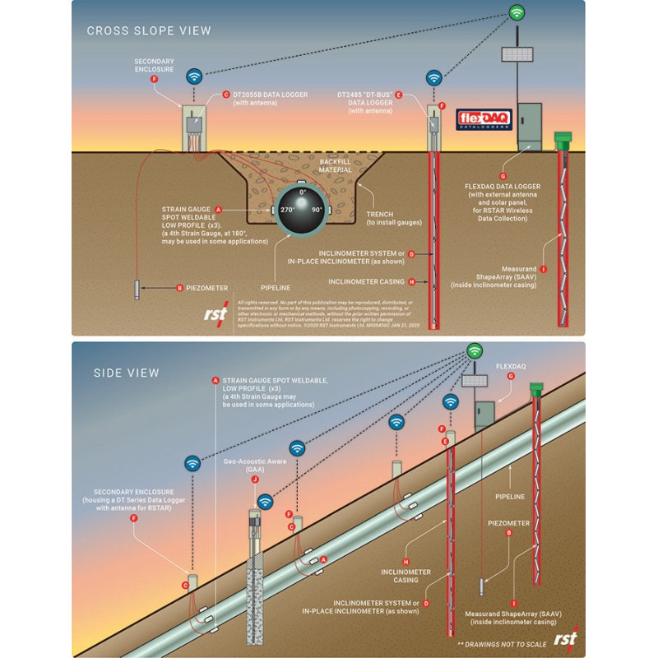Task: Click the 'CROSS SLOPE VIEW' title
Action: coord(149,31)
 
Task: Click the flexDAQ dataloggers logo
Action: coord(484,119)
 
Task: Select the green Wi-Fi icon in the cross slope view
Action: coord(517,12)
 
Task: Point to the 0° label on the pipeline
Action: coord(302,191)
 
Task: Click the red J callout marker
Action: coord(255,479)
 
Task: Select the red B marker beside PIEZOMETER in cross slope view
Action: coord(180,288)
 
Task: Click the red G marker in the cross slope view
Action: coord(503,176)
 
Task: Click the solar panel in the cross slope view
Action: coord(518,54)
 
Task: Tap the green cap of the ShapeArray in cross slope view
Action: coord(563,137)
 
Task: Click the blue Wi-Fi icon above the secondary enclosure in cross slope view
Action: coord(195,76)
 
